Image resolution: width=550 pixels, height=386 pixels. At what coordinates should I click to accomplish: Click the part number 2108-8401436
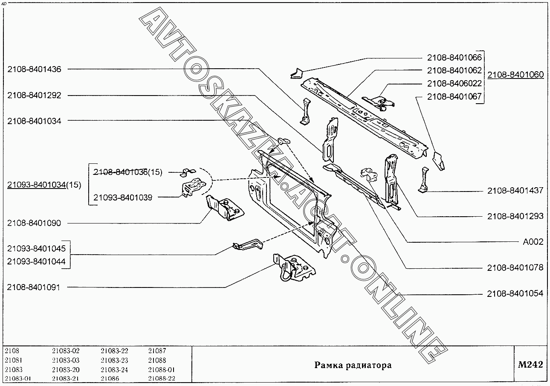pyautogui.click(x=34, y=70)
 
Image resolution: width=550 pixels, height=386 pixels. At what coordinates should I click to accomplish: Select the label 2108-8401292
pyautogui.click(x=34, y=96)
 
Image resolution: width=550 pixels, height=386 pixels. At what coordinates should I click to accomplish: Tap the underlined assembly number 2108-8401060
pyautogui.click(x=515, y=75)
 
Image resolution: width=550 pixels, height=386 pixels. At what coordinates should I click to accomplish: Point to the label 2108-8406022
pyautogui.click(x=454, y=84)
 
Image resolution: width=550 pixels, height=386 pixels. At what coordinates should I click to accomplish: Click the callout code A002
pyautogui.click(x=533, y=242)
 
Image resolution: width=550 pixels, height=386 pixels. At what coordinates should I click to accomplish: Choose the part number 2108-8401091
pyautogui.click(x=34, y=287)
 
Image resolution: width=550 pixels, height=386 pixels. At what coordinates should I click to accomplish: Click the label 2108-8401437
pyautogui.click(x=515, y=191)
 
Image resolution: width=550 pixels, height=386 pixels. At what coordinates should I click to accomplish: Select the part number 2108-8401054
pyautogui.click(x=515, y=293)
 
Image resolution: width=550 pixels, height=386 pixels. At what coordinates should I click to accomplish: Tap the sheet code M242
pyautogui.click(x=530, y=365)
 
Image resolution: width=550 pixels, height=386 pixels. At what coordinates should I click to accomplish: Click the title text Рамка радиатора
pyautogui.click(x=353, y=366)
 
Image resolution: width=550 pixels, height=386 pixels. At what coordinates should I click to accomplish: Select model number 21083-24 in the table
pyautogui.click(x=114, y=370)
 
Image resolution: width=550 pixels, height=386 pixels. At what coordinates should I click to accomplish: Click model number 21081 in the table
pyautogui.click(x=14, y=360)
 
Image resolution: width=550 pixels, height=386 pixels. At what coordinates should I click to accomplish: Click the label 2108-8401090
pyautogui.click(x=34, y=223)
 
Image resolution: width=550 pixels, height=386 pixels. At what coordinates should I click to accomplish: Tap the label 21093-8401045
pyautogui.click(x=36, y=249)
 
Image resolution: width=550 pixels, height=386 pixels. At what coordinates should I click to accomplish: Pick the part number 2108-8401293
pyautogui.click(x=515, y=216)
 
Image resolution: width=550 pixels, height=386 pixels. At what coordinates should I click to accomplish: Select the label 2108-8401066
pyautogui.click(x=454, y=58)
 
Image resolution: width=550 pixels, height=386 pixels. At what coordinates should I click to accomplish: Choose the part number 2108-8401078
pyautogui.click(x=515, y=268)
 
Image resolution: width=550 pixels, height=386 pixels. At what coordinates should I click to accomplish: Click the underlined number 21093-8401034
pyautogui.click(x=37, y=185)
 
